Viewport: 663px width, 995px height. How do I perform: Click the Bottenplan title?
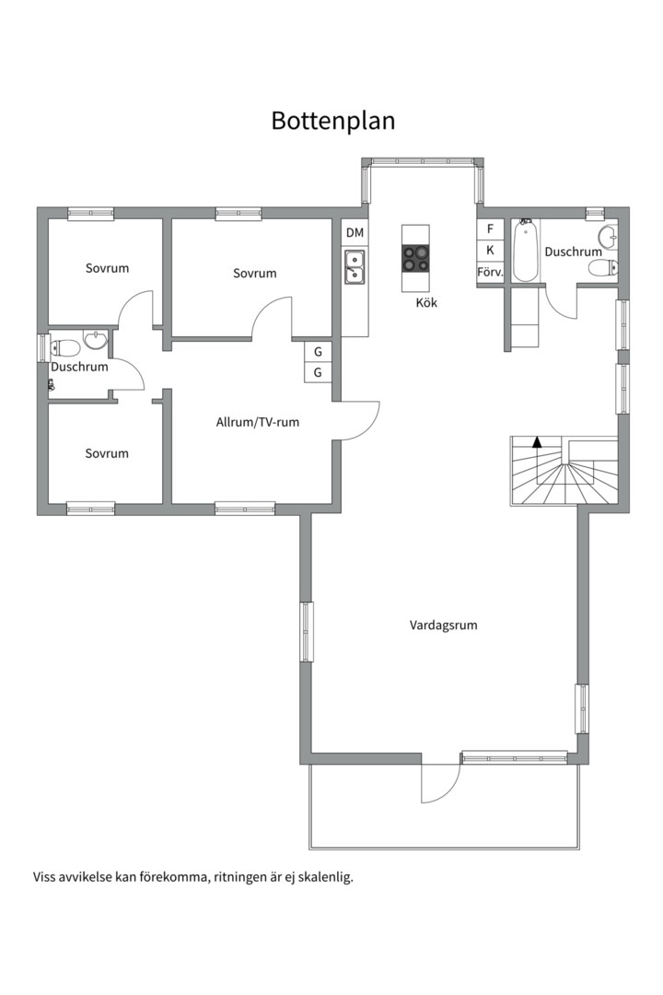tap(333, 121)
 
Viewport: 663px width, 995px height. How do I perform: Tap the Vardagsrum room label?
tap(443, 625)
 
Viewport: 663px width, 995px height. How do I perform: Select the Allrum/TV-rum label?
tap(258, 422)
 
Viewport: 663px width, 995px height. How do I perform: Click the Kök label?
tap(426, 303)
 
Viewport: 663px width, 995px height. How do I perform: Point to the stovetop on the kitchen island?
tap(415, 258)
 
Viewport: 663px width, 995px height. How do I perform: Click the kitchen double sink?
tap(354, 266)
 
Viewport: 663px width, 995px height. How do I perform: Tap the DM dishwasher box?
tap(355, 233)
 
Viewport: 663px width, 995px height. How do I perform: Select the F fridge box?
tap(490, 229)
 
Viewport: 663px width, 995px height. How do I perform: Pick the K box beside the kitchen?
tap(490, 250)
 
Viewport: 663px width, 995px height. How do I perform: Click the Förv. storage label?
tap(490, 273)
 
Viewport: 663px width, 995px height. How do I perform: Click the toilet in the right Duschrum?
tap(603, 268)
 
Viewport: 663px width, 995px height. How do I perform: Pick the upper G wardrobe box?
tap(318, 352)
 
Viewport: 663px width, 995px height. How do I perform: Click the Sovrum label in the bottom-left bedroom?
tap(107, 453)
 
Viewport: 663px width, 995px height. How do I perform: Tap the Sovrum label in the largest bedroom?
tap(254, 274)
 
